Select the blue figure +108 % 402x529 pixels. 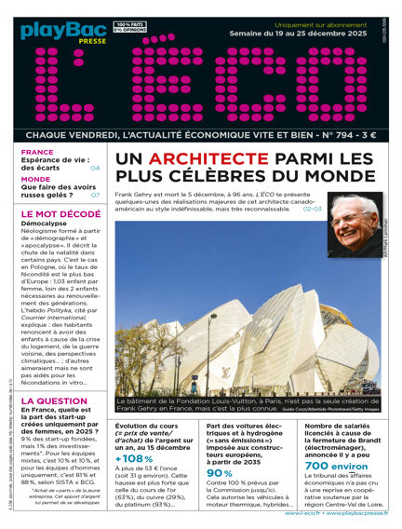tap(134, 458)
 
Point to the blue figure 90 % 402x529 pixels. tap(220, 472)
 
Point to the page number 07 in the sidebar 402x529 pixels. tap(95, 196)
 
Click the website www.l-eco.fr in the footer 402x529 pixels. tap(278, 512)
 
